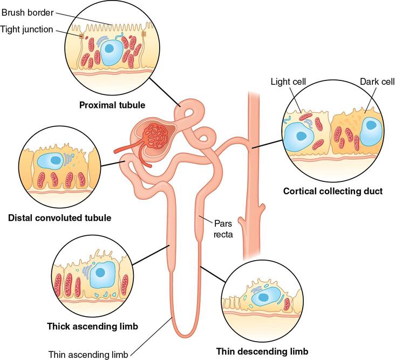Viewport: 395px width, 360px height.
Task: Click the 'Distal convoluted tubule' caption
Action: (x=60, y=218)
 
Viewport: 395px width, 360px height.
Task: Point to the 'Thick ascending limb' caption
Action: (x=92, y=327)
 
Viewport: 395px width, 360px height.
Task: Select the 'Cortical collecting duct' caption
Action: (x=333, y=191)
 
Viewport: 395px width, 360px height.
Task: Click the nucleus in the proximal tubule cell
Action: (x=110, y=49)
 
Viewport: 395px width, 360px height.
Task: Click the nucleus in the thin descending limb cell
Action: (x=263, y=296)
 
